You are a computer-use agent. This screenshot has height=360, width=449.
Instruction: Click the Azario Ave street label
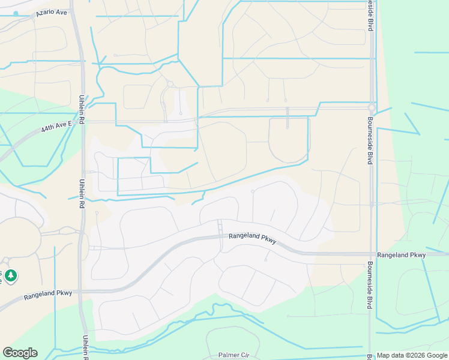pyautogui.click(x=51, y=12)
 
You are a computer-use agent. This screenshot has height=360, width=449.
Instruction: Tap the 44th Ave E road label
pyautogui.click(x=56, y=127)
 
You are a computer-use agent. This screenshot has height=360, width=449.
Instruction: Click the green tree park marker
pyautogui.click(x=11, y=276)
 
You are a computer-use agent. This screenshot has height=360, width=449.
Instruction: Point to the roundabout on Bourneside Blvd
pyautogui.click(x=372, y=109)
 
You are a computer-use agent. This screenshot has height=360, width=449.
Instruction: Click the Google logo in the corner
pyautogui.click(x=20, y=353)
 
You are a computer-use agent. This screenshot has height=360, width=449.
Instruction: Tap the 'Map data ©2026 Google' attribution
pyautogui.click(x=412, y=356)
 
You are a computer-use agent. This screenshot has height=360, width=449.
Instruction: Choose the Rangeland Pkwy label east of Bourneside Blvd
pyautogui.click(x=402, y=255)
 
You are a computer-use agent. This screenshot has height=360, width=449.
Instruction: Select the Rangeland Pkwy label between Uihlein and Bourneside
pyautogui.click(x=252, y=238)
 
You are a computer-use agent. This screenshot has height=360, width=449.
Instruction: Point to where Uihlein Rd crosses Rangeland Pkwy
pyautogui.click(x=83, y=290)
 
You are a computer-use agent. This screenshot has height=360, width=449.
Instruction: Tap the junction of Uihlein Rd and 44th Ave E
pyautogui.click(x=82, y=122)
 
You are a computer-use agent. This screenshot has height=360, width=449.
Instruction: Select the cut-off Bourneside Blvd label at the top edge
pyautogui.click(x=370, y=16)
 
